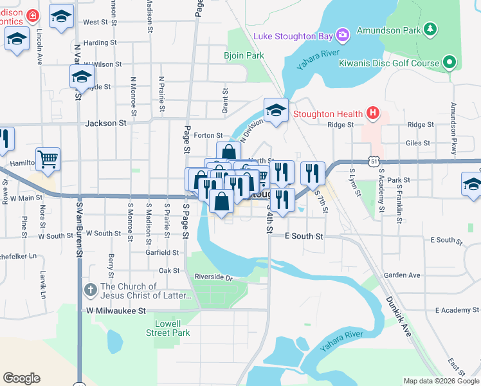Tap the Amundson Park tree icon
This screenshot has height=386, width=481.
tap(431, 30)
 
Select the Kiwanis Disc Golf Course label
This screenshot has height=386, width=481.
tap(389, 63)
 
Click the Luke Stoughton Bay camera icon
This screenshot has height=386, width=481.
tap(343, 34)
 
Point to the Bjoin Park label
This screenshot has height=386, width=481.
tap(244, 56)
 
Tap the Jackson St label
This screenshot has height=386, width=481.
tap(105, 123)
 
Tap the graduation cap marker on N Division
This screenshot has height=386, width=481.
tap(276, 110)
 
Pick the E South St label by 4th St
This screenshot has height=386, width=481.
tap(304, 237)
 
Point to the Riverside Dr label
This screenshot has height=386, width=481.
tap(213, 277)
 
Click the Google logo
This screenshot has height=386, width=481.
tap(21, 378)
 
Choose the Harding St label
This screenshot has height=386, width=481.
tap(99, 43)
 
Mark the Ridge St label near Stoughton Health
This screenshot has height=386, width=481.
tap(340, 125)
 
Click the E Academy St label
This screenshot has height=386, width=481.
tap(457, 310)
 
